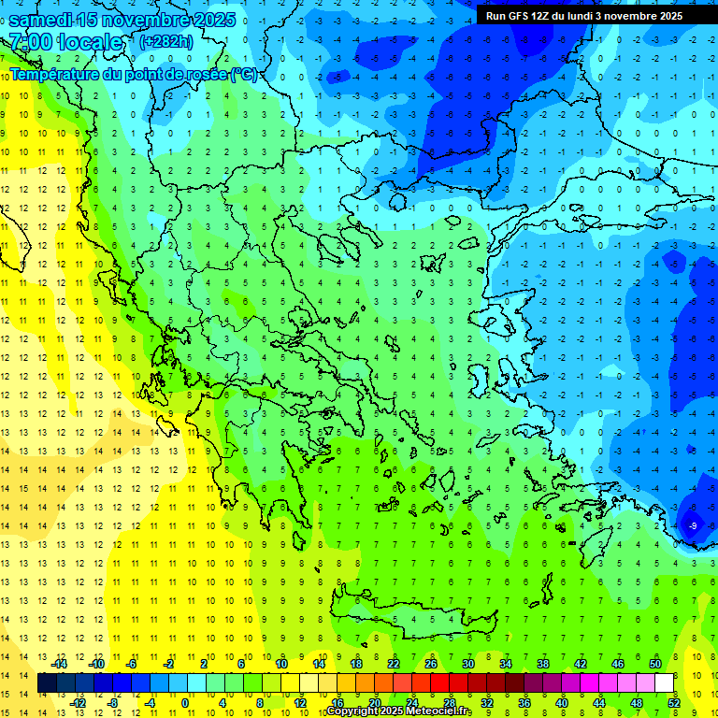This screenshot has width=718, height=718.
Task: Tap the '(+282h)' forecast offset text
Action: tap(166, 41)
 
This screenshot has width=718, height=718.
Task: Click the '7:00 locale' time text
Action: tap(65, 42)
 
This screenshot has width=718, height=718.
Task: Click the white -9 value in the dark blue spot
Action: tap(693, 526)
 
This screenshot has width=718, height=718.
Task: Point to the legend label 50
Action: tap(654, 663)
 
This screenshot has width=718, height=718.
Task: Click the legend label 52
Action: tap(674, 703)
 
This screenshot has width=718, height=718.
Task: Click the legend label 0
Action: tap(185, 703)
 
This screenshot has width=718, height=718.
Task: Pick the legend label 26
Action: tap(431, 663)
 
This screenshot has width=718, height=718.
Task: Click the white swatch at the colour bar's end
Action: tap(664, 682)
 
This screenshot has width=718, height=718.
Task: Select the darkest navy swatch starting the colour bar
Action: tap(47, 682)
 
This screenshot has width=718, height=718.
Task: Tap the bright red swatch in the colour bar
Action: tap(439, 682)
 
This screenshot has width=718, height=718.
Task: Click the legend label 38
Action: tap(542, 663)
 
